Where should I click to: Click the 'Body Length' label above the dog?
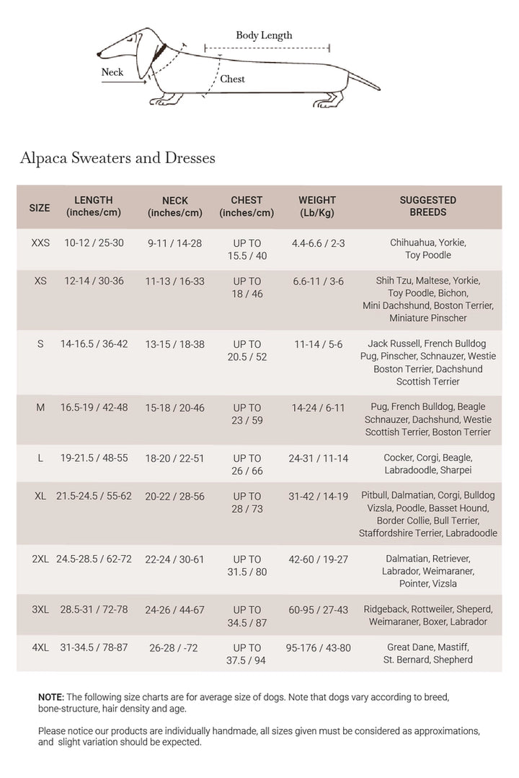coord(264,35)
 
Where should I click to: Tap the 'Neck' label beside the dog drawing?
coord(112,72)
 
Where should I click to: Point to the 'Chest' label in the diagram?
coord(232,79)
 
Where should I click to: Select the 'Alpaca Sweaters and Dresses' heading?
coord(117,157)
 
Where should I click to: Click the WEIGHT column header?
coord(317,206)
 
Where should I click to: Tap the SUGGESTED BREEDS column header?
coord(427,206)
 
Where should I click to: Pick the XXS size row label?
coord(40,243)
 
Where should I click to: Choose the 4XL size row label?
coord(40,647)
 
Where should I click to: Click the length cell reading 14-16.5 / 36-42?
coord(94,344)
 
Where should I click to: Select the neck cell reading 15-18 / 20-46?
coord(175,408)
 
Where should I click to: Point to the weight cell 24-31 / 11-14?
coord(318,458)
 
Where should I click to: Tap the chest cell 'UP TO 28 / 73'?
coord(247,503)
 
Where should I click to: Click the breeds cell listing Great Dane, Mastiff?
coord(428,654)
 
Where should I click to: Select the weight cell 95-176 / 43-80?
coord(318,647)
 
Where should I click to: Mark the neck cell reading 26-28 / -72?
coord(175,648)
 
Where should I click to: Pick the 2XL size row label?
coord(40,559)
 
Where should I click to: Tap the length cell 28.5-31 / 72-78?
coord(94,610)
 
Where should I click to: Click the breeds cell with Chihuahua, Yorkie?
coord(428,249)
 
